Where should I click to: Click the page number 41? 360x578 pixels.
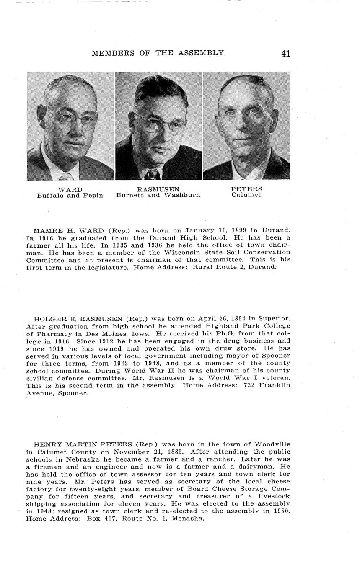pyautogui.click(x=286, y=53)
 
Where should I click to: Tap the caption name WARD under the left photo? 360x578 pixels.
pyautogui.click(x=70, y=189)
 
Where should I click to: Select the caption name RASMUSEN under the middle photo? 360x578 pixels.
pyautogui.click(x=158, y=189)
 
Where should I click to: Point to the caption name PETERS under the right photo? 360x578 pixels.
pyautogui.click(x=246, y=189)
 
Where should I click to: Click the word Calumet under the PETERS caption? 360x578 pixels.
pyautogui.click(x=246, y=195)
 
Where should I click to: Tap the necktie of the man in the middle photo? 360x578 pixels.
pyautogui.click(x=152, y=173)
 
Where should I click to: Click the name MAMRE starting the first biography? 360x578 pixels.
pyautogui.click(x=46, y=230)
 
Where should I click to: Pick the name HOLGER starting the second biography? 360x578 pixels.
pyautogui.click(x=48, y=318)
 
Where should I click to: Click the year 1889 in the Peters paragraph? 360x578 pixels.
pyautogui.click(x=176, y=452)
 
